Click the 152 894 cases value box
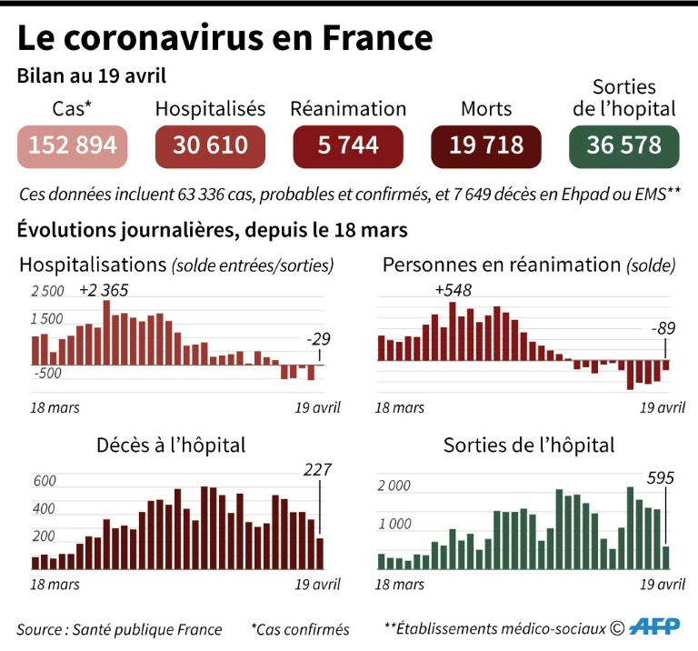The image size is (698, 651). [71, 145]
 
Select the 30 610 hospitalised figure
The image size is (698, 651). [210, 145]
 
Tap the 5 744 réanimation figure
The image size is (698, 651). [348, 145]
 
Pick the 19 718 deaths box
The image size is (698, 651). [486, 145]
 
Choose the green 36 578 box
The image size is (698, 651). [623, 145]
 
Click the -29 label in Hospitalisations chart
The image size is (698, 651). [318, 339]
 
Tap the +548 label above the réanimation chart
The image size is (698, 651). [453, 290]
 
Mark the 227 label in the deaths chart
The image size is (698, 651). [317, 470]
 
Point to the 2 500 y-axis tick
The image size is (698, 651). [47, 292]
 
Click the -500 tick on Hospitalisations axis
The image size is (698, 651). [47, 373]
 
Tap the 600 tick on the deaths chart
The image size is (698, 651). [44, 481]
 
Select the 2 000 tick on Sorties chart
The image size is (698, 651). [394, 486]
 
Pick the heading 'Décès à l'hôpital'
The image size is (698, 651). [171, 446]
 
